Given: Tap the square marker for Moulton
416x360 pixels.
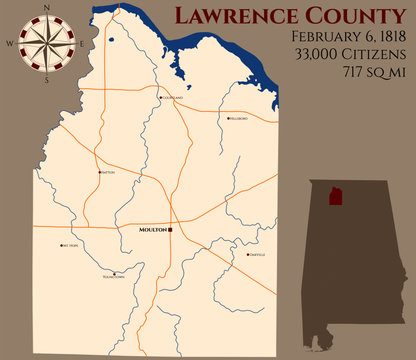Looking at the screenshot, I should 171,229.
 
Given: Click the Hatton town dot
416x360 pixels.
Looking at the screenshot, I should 99,172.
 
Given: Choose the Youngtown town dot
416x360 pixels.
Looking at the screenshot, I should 115,273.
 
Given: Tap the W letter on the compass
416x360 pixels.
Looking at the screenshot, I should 10,43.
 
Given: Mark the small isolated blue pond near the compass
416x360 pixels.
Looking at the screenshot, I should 111,42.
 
